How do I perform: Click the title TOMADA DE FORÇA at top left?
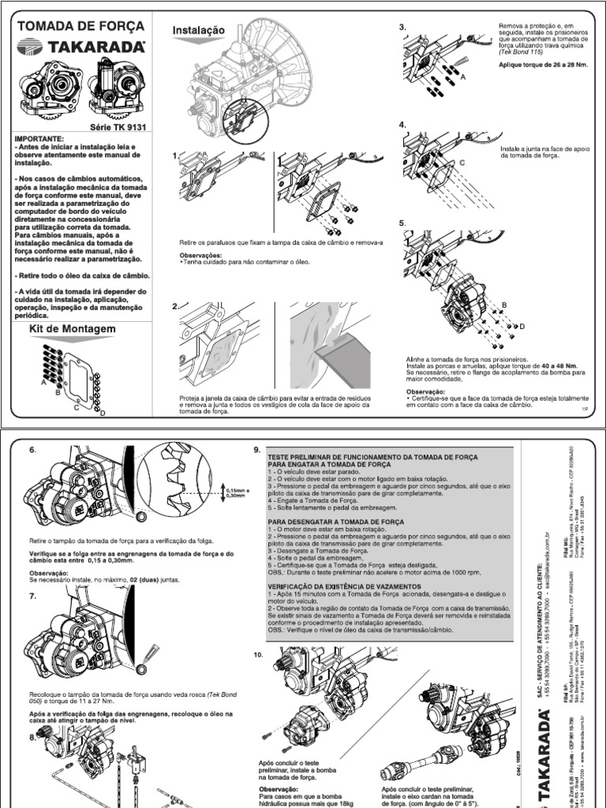click(x=80, y=26)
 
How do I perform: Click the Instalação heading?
click(x=199, y=30)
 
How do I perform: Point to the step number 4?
click(x=402, y=125)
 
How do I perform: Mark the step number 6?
click(x=32, y=450)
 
